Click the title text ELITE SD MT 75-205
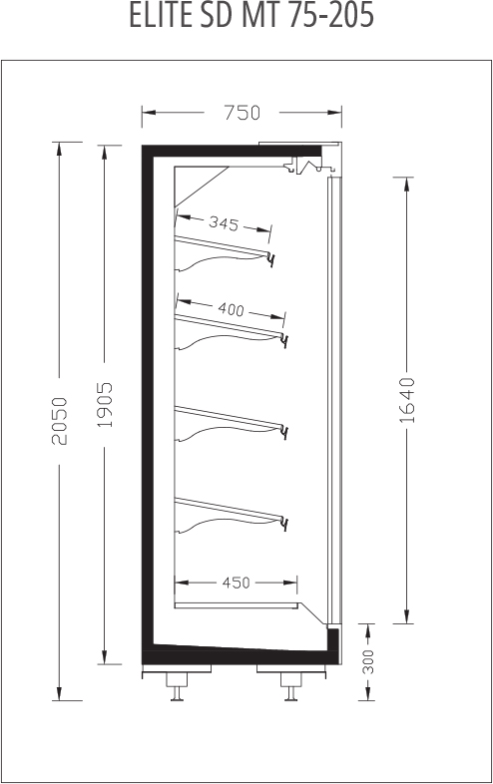(x=251, y=16)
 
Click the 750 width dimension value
(x=242, y=113)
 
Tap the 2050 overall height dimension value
(x=60, y=421)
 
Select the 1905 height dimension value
(x=105, y=405)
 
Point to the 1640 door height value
(x=407, y=401)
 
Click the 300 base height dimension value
(x=368, y=661)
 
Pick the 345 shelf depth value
(x=224, y=222)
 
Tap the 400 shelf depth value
(x=232, y=309)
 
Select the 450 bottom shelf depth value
(x=236, y=583)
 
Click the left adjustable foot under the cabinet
(x=176, y=685)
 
